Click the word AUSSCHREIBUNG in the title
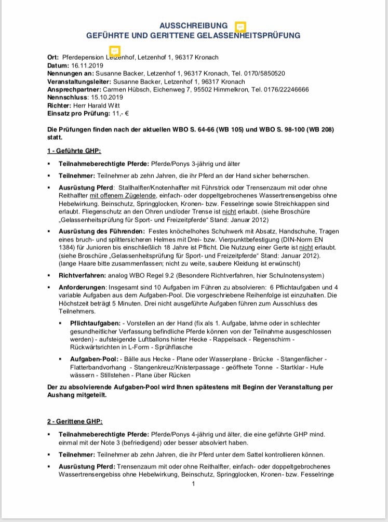click(x=193, y=25)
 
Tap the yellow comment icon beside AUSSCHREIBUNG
click(x=240, y=26)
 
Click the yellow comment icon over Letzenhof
click(x=115, y=51)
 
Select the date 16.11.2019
click(x=87, y=65)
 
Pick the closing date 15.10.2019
click(x=107, y=97)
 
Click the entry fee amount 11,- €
click(x=121, y=113)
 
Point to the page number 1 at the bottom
click(x=193, y=485)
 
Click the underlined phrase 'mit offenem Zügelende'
click(x=123, y=196)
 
